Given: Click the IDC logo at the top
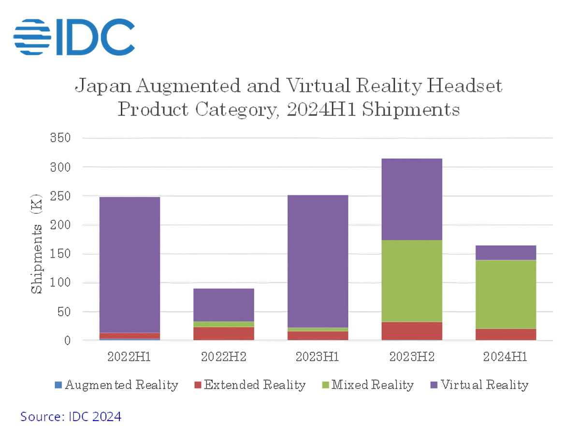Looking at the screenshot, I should pos(74,36).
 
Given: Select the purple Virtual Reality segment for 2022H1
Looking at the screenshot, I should pos(130,265).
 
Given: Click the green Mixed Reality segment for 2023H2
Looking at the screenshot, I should pos(412,281).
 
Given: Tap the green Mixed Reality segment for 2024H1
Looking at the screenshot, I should pos(506,294).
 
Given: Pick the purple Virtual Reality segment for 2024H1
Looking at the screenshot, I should pos(506,253).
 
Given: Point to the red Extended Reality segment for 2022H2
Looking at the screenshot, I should pos(224,333).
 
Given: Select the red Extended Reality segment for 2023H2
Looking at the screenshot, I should pos(412,331).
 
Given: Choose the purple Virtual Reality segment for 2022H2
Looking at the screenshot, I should pos(224,305).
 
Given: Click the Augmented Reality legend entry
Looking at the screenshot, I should pos(116,385).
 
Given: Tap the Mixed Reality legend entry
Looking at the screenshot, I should pos(367,385).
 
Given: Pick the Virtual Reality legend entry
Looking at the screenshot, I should pos(479,385).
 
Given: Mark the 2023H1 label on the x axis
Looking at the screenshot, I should pos(318,357).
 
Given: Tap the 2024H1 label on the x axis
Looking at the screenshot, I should pos(506,357).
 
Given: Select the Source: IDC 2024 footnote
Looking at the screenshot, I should pos(71,416).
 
